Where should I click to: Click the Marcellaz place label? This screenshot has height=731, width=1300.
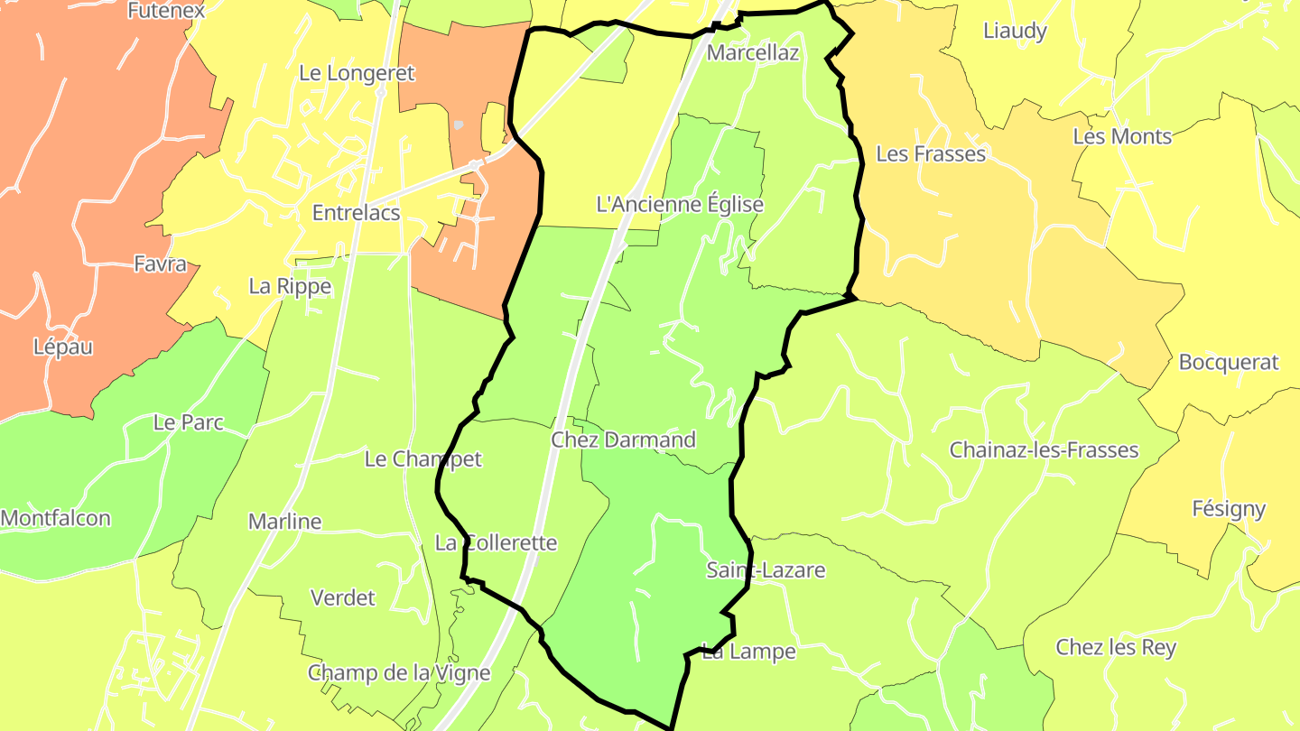pos(752,52)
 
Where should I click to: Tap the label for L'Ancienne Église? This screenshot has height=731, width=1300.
pos(680,204)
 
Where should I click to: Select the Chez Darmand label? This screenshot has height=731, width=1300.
pos(623,440)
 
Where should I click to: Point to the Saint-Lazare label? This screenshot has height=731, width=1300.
pos(766,569)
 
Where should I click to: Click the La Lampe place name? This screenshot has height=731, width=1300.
pos(748,651)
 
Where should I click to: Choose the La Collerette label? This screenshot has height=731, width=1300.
pos(496,542)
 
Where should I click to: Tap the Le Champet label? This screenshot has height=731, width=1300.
pos(422,458)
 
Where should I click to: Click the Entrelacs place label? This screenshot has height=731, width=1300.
pos(356,213)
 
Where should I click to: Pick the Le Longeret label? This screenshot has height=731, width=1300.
pos(356,73)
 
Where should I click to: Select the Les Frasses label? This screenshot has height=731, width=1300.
pos(931,153)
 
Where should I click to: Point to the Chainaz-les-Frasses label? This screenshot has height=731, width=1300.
pos(1044,449)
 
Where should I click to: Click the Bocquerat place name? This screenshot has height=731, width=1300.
pos(1229,362)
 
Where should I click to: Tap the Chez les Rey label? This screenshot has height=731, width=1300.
pos(1116,647)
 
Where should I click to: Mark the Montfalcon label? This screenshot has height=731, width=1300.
pos(56,518)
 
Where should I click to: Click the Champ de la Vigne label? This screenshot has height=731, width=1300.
pos(399,672)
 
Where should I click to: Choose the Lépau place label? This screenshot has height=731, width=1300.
pos(63,347)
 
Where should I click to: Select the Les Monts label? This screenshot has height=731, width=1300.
pos(1122,136)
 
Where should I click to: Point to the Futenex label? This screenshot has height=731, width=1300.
pos(166,11)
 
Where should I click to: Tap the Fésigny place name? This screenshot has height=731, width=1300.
pos(1229,508)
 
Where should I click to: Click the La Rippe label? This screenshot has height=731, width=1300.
pos(290,286)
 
